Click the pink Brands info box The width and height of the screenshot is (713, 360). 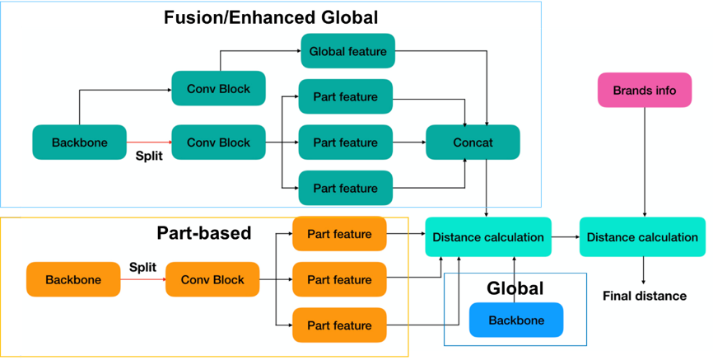click(644, 91)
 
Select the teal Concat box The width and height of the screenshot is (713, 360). click(473, 143)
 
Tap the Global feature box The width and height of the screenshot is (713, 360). click(348, 51)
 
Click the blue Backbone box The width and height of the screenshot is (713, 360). click(516, 320)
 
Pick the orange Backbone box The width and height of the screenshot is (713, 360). click(73, 280)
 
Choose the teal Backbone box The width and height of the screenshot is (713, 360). click(80, 143)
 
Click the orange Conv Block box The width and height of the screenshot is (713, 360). click(212, 280)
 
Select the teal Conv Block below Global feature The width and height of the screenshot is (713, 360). click(218, 88)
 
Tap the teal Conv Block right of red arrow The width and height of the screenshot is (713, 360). click(218, 143)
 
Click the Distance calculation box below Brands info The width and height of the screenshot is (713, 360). click(643, 237)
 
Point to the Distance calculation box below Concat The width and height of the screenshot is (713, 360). click(487, 237)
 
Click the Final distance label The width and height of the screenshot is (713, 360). click(645, 296)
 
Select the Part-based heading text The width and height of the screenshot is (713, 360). click(203, 233)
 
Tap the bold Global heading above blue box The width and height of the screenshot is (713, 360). click(515, 288)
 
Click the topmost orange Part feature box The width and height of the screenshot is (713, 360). click(339, 234)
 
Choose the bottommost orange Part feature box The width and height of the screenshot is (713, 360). click(339, 325)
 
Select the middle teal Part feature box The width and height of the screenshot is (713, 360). click(345, 143)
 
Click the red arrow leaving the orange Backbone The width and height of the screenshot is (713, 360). click(142, 280)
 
